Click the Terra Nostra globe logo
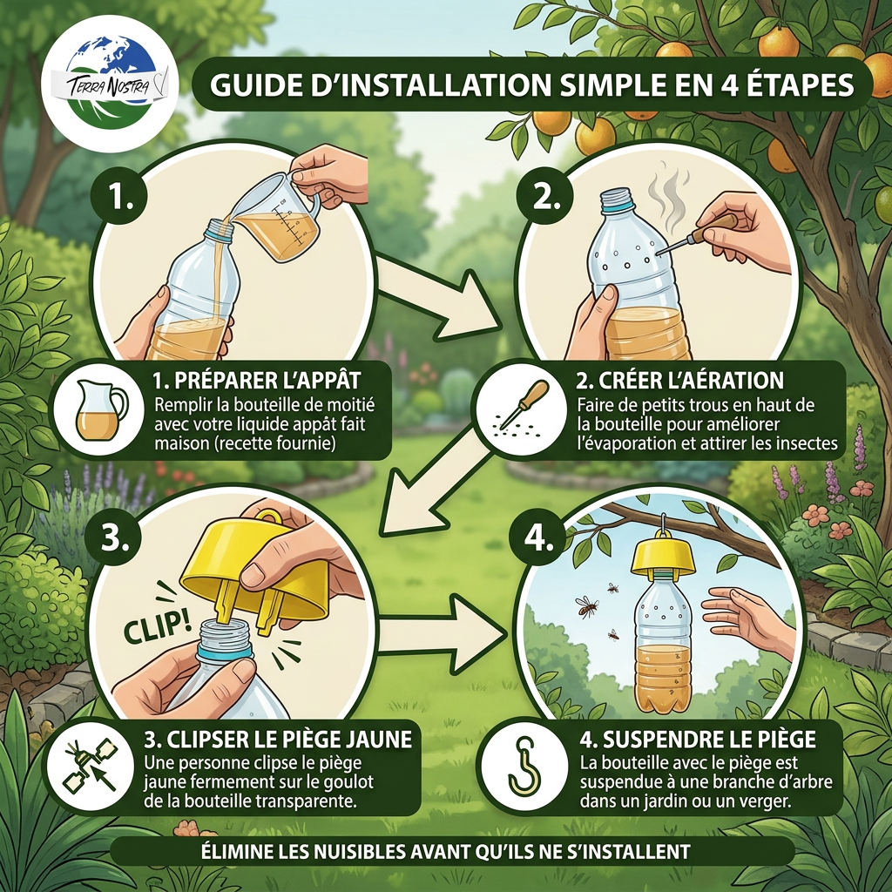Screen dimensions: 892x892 [110, 84]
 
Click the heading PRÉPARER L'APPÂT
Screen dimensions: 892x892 [257, 380]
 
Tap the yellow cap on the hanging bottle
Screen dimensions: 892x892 [663, 557]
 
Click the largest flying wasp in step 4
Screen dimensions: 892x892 [587, 607]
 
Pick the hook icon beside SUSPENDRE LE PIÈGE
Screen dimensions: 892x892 [524, 766]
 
